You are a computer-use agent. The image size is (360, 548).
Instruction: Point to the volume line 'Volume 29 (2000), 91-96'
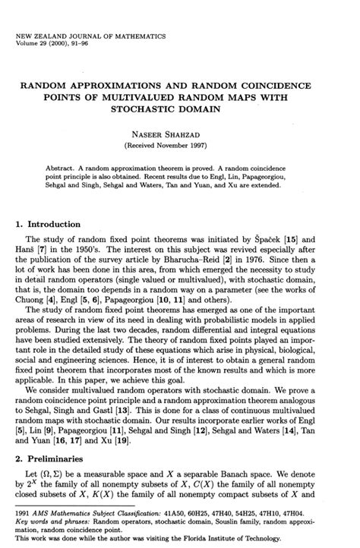tap(62, 43)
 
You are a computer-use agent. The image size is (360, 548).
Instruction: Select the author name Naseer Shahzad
tap(179, 133)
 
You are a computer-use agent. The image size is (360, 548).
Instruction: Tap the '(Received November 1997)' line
tap(179, 144)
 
